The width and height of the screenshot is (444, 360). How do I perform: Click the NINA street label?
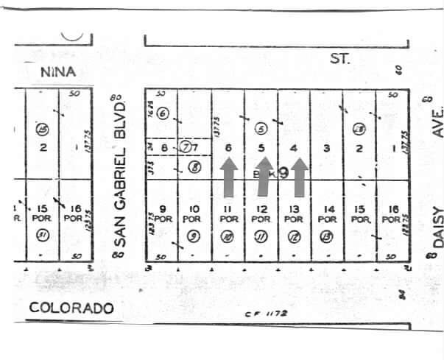[59, 71]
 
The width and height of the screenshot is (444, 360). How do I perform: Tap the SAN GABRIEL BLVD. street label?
[123, 173]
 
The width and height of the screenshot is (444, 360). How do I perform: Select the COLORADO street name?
[71, 308]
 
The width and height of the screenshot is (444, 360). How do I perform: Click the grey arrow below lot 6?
[229, 177]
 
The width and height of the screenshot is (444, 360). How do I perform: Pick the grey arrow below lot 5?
[264, 177]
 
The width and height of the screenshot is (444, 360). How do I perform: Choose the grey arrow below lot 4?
[298, 177]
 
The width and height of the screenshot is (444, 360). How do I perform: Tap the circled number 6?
[163, 113]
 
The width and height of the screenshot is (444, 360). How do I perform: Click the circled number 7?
[188, 147]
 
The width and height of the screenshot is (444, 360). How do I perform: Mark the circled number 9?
[192, 236]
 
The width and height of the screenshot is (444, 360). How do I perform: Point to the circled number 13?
[327, 236]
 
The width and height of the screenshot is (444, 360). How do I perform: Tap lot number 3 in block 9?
[326, 148]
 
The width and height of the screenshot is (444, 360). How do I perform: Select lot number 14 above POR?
[328, 209]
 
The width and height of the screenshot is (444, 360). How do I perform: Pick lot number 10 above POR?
[192, 209]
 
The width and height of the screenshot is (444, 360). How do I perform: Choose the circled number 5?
[260, 127]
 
